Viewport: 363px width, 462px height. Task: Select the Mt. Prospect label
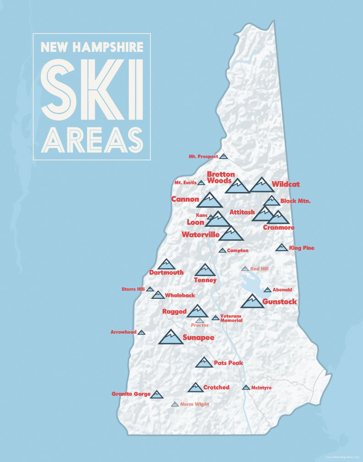point(203,157)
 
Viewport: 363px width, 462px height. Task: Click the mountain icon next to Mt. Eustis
point(201,182)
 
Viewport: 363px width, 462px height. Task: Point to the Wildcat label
point(285,184)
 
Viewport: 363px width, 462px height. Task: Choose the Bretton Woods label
point(221,177)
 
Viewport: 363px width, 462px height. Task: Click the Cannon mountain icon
point(209,201)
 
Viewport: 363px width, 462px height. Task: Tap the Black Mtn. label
point(295,201)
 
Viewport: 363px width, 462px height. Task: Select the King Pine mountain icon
point(281,247)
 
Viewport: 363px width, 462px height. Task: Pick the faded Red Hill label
point(259,269)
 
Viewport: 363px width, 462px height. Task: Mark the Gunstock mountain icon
point(252,302)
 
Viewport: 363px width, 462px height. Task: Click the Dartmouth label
point(166,272)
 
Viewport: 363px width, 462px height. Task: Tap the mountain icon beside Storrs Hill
point(150,289)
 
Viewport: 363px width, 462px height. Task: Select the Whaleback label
point(180,295)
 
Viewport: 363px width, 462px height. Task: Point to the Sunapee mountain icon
point(170,337)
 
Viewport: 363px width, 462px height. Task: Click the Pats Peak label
point(228,363)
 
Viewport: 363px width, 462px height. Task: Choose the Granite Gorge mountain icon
point(157,395)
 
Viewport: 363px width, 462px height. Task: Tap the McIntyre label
point(261,388)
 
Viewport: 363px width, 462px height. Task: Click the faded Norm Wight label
point(194,404)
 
